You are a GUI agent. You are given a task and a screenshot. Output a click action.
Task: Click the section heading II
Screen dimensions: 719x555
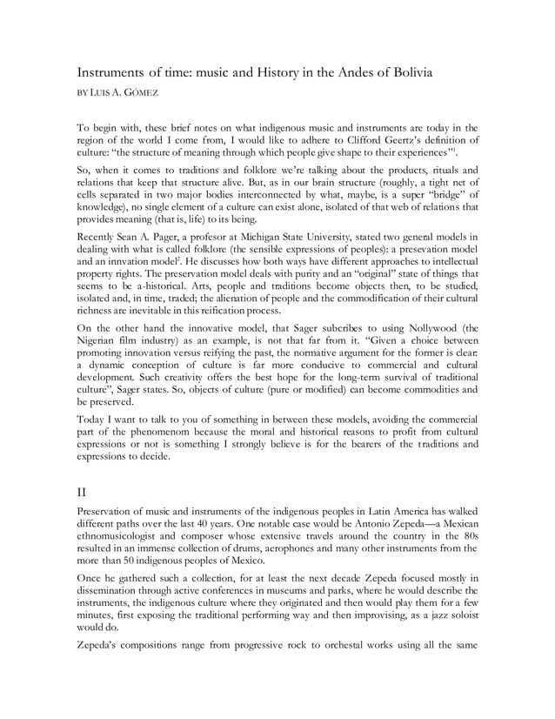click(x=84, y=492)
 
